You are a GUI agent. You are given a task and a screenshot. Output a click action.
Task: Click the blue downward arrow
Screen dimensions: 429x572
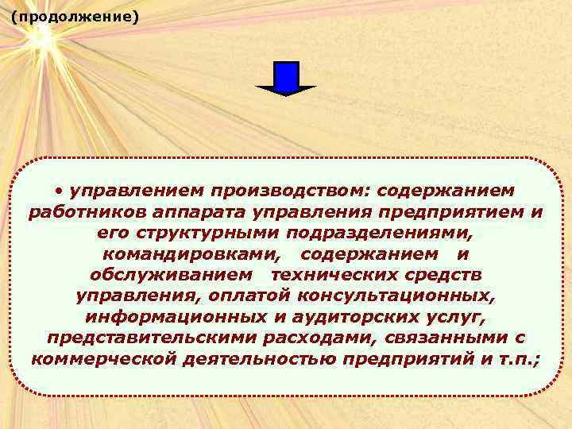(286, 79)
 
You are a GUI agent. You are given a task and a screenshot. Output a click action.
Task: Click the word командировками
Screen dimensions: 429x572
(191, 254)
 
